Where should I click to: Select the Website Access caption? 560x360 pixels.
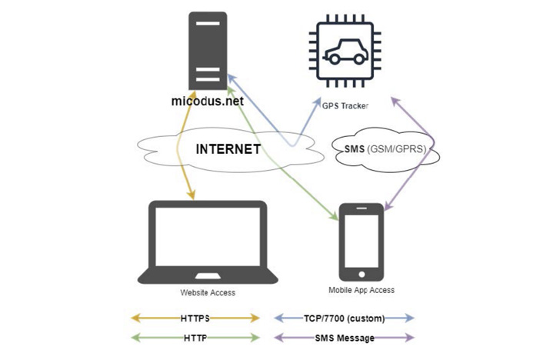208,292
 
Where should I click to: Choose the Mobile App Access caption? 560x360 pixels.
361,290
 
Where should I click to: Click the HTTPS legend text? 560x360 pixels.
196,318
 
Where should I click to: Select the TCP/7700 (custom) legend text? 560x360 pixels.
344,318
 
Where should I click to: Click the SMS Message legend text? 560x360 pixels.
344,337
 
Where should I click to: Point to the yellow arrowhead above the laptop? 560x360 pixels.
191,196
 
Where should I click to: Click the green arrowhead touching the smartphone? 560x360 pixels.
335,218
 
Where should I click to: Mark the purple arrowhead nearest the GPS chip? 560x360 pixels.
395,101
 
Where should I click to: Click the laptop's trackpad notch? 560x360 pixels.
208,275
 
